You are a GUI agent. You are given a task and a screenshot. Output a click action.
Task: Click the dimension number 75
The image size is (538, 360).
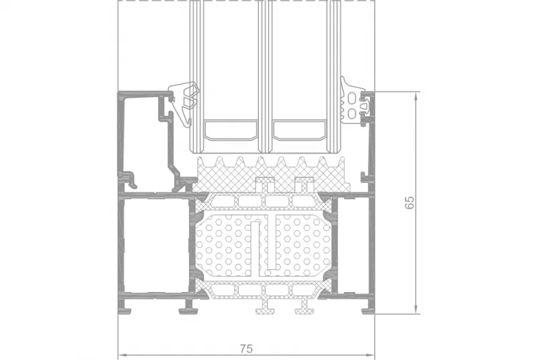(x=246, y=349)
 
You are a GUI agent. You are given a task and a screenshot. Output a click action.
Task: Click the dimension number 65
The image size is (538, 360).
(x=410, y=203)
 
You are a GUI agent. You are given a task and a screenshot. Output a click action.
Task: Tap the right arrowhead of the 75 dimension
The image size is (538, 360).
(x=370, y=355)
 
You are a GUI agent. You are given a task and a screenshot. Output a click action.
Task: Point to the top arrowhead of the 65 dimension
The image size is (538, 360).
(x=416, y=96)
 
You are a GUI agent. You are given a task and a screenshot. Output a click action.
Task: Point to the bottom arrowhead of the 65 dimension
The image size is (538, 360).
(x=416, y=308)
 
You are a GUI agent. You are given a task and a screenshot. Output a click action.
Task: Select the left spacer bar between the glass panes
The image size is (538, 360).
(x=231, y=130)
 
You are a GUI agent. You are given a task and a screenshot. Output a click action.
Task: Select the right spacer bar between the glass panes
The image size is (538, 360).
(x=299, y=130)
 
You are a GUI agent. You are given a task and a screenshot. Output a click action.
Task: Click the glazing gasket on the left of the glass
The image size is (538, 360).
(x=184, y=103)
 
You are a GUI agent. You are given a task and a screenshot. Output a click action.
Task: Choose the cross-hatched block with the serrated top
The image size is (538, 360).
(x=271, y=174)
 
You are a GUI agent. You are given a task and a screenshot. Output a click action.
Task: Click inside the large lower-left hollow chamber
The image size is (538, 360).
(x=155, y=245)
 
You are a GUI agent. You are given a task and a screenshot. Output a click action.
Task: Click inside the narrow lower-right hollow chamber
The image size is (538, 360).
(x=353, y=245)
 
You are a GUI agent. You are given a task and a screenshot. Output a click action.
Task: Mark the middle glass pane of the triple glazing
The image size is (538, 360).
(x=265, y=76)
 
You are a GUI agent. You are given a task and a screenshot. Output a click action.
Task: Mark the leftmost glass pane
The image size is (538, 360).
(x=196, y=76)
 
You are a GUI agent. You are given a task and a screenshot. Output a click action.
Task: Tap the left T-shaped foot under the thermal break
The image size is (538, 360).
(x=265, y=306)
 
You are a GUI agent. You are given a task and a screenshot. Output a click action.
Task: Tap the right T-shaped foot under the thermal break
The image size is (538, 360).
(x=305, y=306)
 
